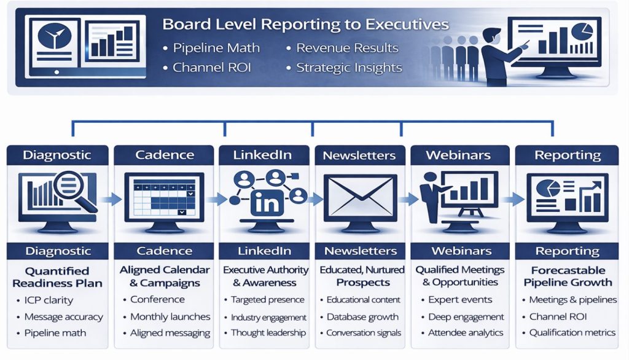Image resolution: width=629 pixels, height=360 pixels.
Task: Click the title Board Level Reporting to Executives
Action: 305,25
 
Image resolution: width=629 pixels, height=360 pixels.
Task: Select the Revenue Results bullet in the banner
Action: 347,48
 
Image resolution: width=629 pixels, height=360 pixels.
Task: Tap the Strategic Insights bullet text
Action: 349,68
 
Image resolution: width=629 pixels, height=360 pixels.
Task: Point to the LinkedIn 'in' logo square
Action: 267,203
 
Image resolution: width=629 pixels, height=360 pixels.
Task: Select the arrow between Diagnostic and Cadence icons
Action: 111,199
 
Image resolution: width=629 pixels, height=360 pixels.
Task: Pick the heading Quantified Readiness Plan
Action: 57,277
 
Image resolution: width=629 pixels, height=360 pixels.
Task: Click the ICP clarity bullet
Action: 49,300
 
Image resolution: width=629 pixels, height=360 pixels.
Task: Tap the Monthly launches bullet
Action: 170,316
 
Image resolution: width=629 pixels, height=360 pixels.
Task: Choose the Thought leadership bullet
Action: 268,333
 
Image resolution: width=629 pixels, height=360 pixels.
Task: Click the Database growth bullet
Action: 362,316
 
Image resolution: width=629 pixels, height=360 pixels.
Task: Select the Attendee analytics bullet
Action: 466,333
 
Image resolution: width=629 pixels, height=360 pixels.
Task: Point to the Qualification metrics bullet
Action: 572,333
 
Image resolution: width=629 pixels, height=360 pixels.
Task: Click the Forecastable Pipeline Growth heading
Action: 568,276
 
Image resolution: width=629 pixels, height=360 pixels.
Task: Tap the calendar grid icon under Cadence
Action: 164,197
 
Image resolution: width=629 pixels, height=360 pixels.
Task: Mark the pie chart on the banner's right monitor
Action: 582,31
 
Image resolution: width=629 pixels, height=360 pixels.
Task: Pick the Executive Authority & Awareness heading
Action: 265,276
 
